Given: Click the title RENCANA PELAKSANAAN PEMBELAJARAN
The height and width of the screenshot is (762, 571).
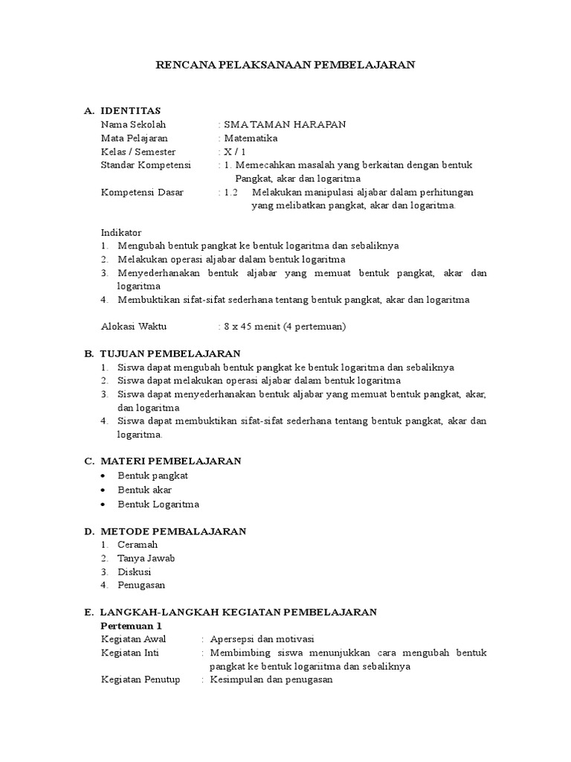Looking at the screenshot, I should [x=285, y=65].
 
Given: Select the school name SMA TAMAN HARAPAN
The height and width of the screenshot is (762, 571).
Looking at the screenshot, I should [x=284, y=124].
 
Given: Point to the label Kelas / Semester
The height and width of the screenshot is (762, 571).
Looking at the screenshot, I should [x=138, y=151].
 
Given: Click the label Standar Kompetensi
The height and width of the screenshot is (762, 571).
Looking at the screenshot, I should [x=146, y=164].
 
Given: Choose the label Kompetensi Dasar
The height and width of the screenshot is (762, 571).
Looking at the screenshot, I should [x=141, y=192].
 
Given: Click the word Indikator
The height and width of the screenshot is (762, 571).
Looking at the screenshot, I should [x=121, y=232].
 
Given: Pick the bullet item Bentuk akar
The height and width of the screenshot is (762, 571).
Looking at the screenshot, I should [x=145, y=490].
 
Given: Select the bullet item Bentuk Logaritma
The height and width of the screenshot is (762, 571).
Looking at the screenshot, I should [x=158, y=504].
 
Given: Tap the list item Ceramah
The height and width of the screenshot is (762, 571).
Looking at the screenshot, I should [x=138, y=545].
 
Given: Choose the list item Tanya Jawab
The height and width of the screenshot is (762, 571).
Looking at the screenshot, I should [x=146, y=558].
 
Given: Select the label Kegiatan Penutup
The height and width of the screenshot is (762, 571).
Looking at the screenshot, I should [x=141, y=679].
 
